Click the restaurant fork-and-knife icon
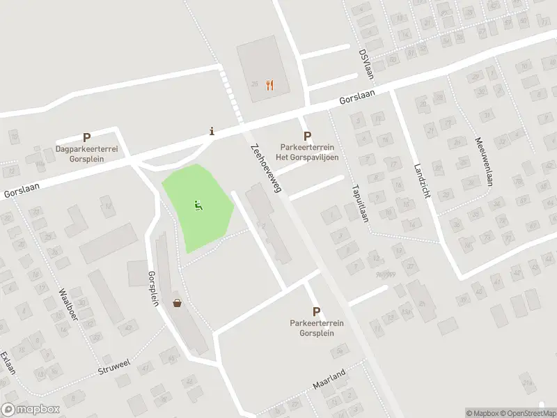pyautogui.click(x=269, y=86)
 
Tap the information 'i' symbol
pyautogui.click(x=212, y=131)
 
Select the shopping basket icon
pyautogui.click(x=178, y=303)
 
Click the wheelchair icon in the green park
pyautogui.click(x=198, y=206)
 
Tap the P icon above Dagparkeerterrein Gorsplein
pyautogui.click(x=87, y=138)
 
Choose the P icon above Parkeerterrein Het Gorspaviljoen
pyautogui.click(x=307, y=137)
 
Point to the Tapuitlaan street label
pyautogui.click(x=359, y=202)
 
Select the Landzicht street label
pyautogui.click(x=422, y=181)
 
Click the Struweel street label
pyautogui.click(x=114, y=365)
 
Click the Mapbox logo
pyautogui.click(x=31, y=410)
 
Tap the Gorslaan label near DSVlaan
pyautogui.click(x=357, y=98)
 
